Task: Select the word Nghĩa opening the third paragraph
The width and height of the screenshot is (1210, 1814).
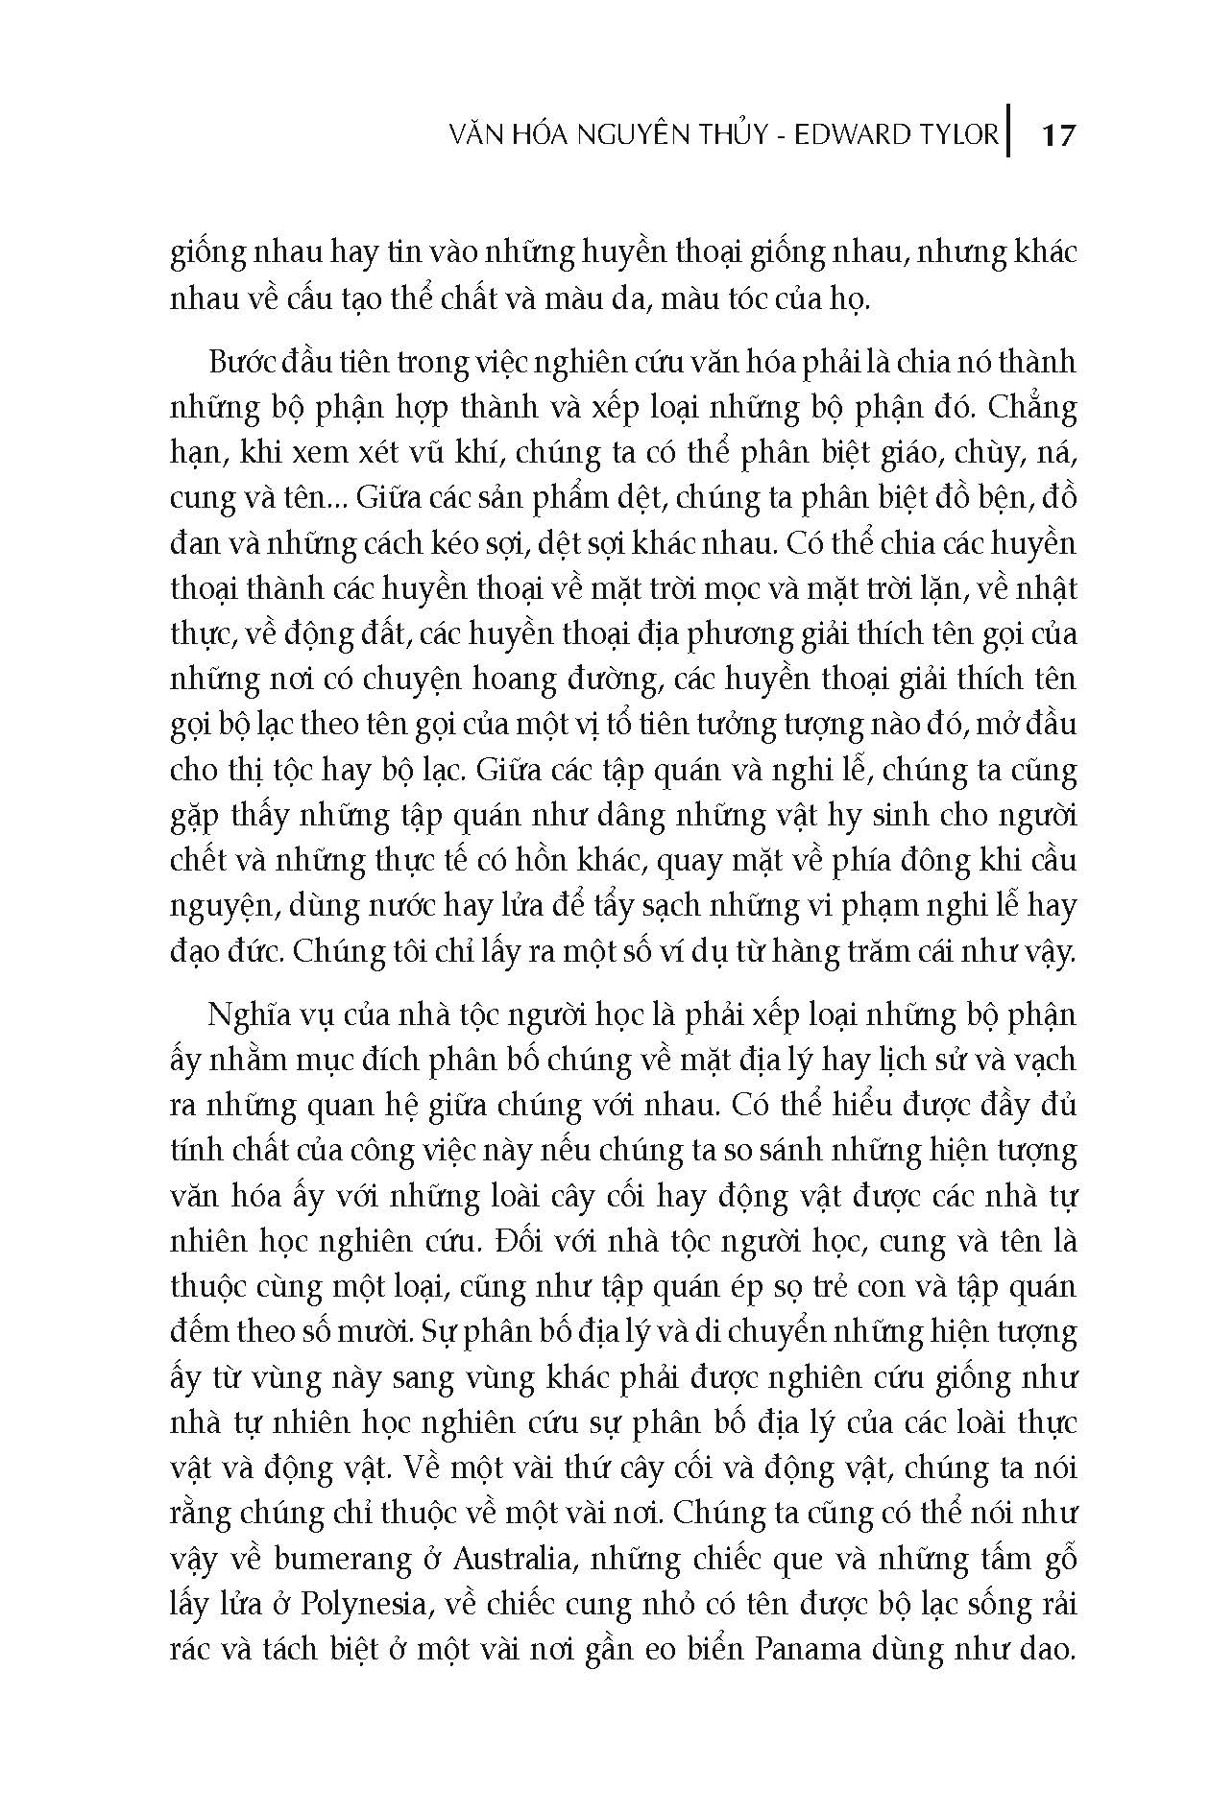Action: (x=243, y=1015)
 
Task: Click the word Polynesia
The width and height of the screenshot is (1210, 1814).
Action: (x=360, y=1604)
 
